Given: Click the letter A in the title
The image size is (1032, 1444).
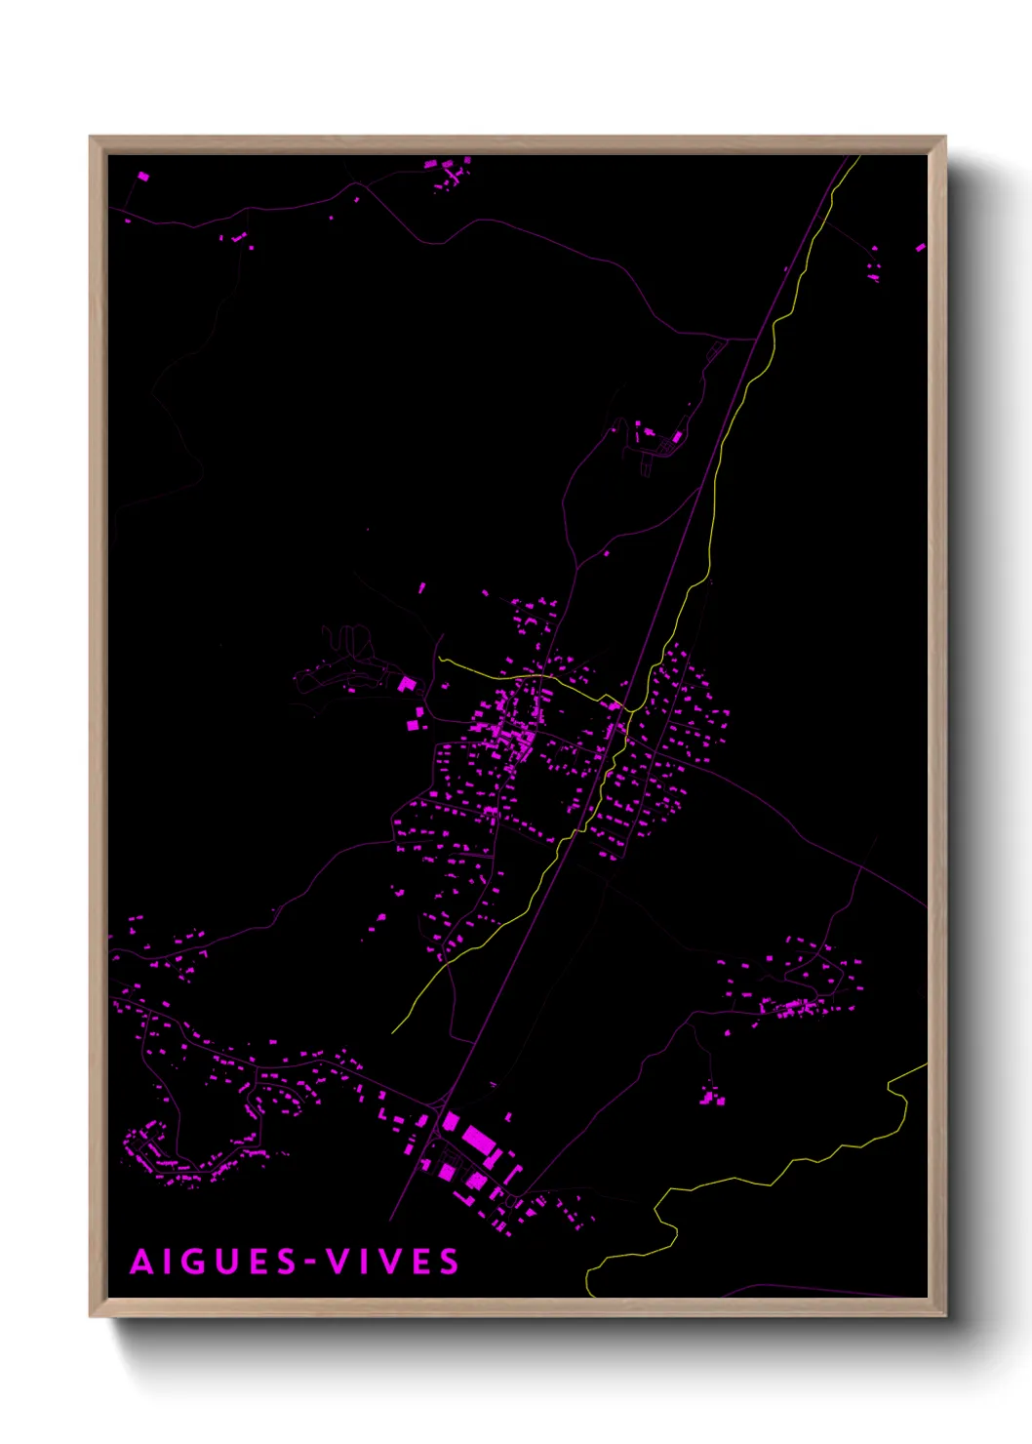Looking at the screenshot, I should [x=142, y=1262].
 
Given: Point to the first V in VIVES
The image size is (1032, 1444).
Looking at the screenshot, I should [x=338, y=1262].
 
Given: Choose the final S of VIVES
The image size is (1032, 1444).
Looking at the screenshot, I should [x=449, y=1262].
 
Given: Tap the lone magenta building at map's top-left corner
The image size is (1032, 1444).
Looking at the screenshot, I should [x=143, y=177].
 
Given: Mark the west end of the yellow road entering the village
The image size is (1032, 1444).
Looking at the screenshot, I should [x=440, y=659].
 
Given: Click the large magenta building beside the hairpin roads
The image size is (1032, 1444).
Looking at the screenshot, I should [x=407, y=684].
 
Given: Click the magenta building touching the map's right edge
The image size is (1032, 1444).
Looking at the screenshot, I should [x=920, y=248].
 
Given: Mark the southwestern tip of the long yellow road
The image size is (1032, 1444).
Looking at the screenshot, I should [x=393, y=1032].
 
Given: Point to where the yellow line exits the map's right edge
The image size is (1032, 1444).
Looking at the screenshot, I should [x=925, y=1065].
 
